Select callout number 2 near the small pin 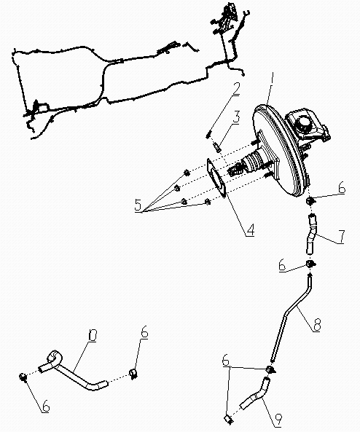coord(237,90)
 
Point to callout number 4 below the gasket coord(249,230)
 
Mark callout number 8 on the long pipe coord(316,325)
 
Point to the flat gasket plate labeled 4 coord(216,179)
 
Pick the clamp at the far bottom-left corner coord(24,377)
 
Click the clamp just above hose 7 coord(310,200)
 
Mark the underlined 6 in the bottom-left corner coord(45,406)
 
